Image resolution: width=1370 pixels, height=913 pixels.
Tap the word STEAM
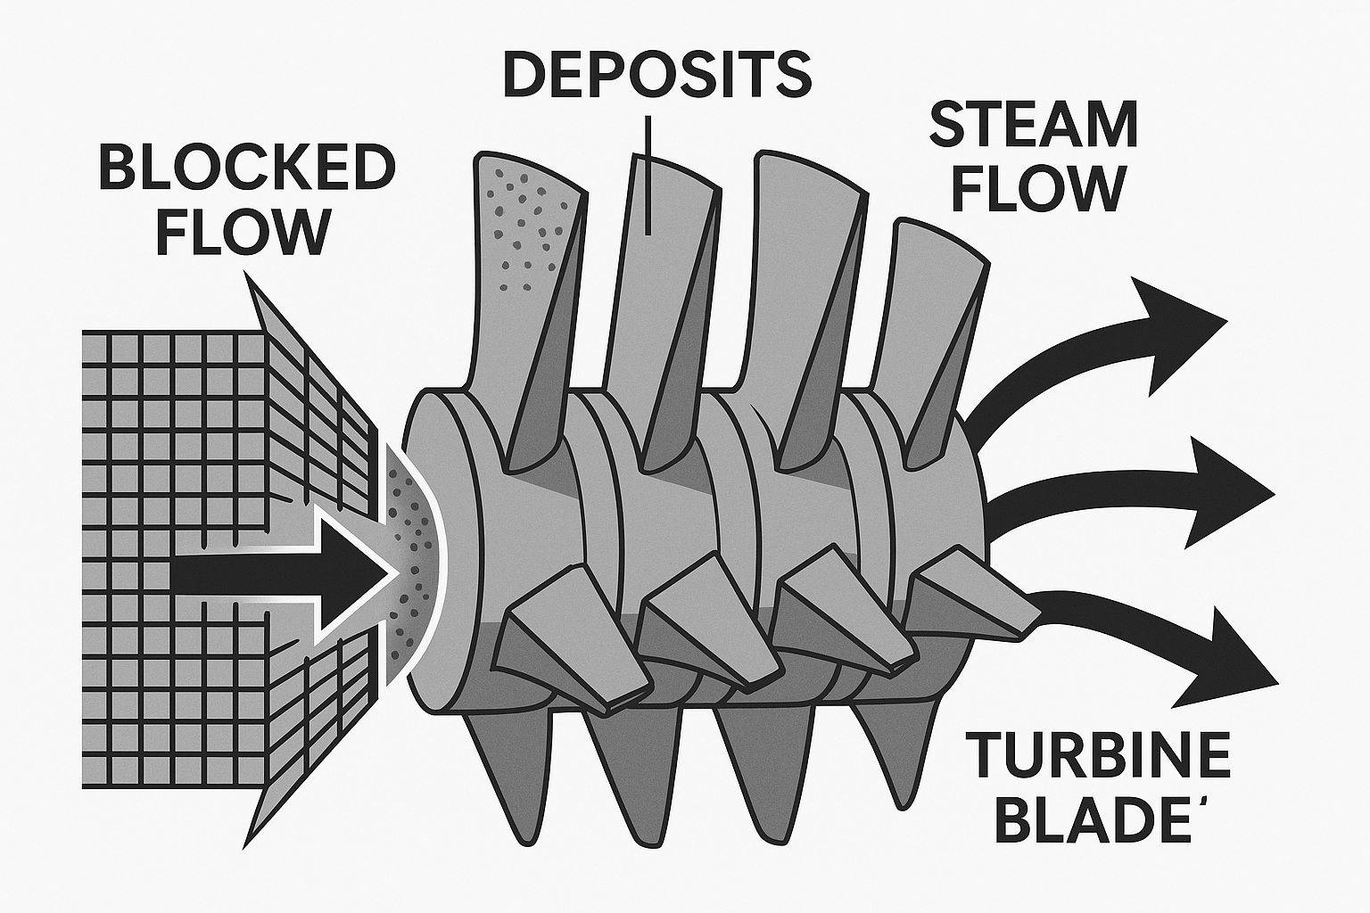pos(1034,126)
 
